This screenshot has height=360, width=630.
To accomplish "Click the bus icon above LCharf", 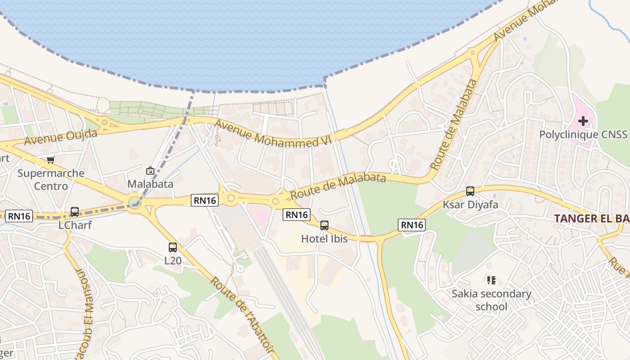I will click(75, 211).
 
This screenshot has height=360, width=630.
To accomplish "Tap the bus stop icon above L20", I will click(173, 247).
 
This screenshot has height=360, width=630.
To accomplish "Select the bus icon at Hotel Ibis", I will click(324, 225).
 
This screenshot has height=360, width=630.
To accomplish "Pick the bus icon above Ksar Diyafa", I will click(470, 191).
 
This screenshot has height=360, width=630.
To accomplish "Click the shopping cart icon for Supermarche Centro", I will click(51, 160).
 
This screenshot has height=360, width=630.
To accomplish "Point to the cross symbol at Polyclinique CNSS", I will click(583, 121).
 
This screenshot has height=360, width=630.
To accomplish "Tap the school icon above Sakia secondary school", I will click(491, 280).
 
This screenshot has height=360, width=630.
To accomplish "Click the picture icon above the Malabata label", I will click(150, 171).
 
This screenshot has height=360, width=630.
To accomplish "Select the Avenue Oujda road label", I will click(61, 137).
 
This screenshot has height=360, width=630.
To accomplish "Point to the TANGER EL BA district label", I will click(591, 218).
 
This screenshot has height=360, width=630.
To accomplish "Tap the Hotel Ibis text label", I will click(324, 239).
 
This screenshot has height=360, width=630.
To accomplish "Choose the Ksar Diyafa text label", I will click(470, 205).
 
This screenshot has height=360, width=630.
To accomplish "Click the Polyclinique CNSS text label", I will click(583, 135).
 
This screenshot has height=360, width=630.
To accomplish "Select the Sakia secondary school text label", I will click(491, 300).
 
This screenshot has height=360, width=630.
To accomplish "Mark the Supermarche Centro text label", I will click(51, 180).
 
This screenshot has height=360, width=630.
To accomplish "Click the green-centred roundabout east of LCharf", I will click(135, 202).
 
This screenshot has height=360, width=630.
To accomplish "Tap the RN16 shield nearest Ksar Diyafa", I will click(412, 225).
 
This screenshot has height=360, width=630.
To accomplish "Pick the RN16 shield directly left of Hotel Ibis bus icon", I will click(297, 215).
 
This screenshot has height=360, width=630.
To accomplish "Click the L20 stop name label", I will click(173, 261).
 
